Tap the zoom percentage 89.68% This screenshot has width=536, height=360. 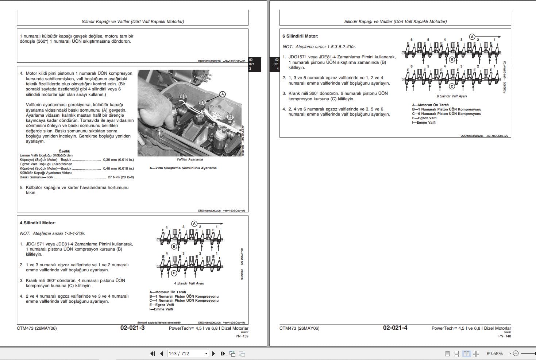(x=494, y=353)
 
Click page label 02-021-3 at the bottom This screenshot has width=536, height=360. (x=132, y=328)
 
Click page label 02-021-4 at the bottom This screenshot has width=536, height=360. (x=395, y=328)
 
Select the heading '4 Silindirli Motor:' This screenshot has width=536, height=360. (x=38, y=223)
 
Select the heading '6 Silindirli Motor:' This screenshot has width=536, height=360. (x=300, y=36)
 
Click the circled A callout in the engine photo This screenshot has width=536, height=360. (x=223, y=94)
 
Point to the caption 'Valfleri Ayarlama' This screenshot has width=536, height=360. (x=190, y=159)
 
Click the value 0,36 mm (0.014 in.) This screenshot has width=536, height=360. (x=118, y=160)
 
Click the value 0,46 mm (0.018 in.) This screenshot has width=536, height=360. (x=118, y=169)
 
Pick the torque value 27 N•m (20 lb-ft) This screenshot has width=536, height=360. (x=121, y=177)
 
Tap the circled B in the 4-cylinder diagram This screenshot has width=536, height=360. (x=174, y=247)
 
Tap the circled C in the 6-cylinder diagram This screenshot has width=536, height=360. (x=452, y=86)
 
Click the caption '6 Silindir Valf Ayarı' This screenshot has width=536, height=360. (x=452, y=96)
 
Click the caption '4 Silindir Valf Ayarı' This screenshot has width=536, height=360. (x=189, y=283)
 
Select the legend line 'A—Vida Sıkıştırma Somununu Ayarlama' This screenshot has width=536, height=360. (x=183, y=168)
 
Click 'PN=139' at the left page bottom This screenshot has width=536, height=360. (x=242, y=336)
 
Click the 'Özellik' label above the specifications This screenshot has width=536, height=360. (x=64, y=151)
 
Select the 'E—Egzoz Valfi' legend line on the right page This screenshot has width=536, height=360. (x=424, y=118)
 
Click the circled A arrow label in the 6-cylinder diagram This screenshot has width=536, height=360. (x=472, y=37)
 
